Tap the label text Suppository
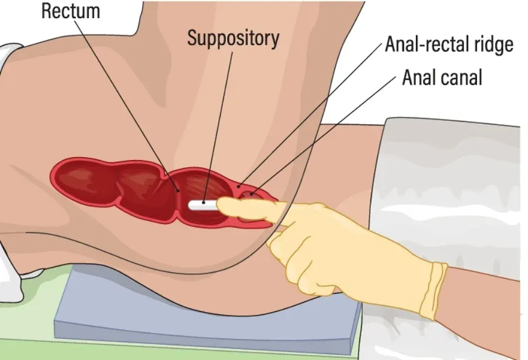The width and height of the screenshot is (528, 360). (x=233, y=38)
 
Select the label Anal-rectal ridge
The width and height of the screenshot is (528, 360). (x=449, y=45)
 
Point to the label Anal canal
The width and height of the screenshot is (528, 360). (x=442, y=77)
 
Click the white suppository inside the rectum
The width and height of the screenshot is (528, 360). (x=202, y=206)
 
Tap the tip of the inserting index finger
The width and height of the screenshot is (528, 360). (x=222, y=203)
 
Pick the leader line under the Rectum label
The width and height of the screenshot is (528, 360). (x=129, y=106)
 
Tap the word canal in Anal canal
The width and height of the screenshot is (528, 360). (x=461, y=77)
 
